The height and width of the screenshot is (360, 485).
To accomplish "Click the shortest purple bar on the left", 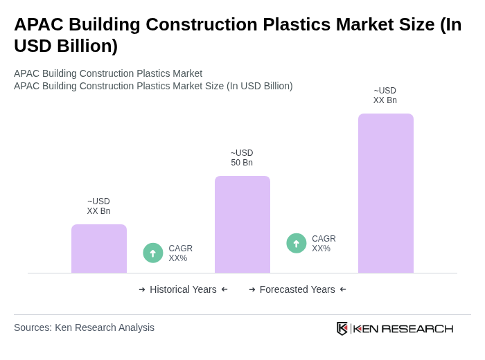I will click(99, 249).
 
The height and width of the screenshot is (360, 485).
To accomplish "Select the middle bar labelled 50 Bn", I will click(242, 224).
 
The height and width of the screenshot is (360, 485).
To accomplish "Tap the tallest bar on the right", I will click(386, 193).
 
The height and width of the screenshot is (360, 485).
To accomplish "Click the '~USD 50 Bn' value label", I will click(242, 158).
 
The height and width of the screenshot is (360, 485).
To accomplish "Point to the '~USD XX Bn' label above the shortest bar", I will click(98, 206).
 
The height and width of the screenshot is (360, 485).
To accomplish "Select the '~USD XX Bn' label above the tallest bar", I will click(385, 96).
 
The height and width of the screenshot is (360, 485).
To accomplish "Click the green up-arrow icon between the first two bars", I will click(153, 253).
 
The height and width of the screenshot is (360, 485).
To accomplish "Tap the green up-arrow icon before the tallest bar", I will click(297, 244).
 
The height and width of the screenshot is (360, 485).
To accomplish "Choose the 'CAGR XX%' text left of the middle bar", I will click(180, 253).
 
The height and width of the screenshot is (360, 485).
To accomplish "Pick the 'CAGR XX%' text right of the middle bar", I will click(324, 244).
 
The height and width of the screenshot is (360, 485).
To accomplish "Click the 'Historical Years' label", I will click(183, 289).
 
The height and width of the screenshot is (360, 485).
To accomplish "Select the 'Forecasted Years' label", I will click(297, 289).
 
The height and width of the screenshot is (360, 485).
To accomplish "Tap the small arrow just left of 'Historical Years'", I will click(142, 289).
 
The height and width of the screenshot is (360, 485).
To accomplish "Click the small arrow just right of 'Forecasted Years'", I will click(343, 289).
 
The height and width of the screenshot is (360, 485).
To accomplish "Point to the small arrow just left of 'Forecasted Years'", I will click(252, 289).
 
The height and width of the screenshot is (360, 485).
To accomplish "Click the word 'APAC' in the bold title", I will click(38, 24).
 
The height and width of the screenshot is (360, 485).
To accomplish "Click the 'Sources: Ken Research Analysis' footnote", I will click(84, 327).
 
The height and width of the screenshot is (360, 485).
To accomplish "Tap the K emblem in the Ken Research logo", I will click(342, 328).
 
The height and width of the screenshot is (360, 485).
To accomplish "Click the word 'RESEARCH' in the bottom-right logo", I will click(417, 328).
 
